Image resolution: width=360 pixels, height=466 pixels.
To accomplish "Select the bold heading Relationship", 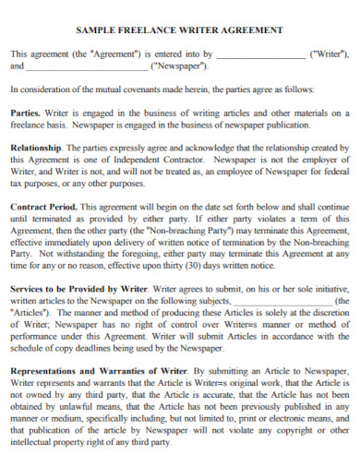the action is tap(36, 148).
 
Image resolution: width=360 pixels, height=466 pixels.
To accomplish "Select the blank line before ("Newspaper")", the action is tap(87, 66).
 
